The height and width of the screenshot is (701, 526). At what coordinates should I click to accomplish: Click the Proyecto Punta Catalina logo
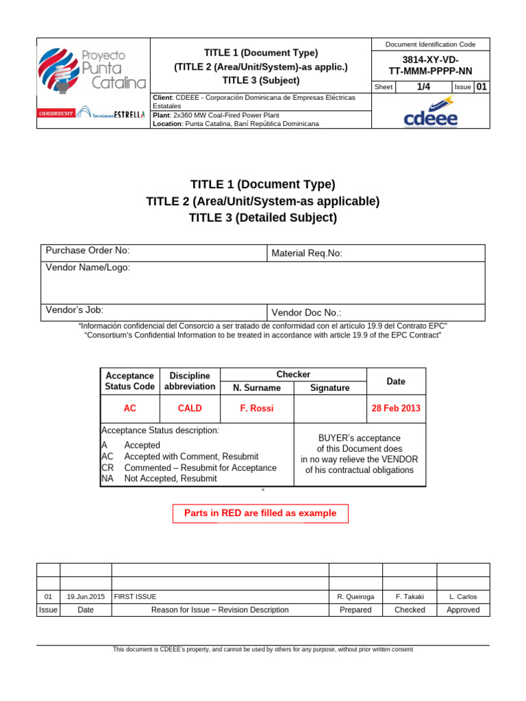tap(92, 69)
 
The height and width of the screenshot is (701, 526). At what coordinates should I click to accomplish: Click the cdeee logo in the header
tap(431, 113)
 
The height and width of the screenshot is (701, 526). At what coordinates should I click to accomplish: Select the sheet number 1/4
tap(423, 86)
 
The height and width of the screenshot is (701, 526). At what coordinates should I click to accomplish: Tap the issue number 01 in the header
tap(481, 86)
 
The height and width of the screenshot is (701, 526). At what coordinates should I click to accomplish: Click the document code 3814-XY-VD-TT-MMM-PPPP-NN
tap(431, 64)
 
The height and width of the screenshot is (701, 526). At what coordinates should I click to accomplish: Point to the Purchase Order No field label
tap(88, 251)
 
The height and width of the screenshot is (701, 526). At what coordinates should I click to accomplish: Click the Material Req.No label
tap(307, 253)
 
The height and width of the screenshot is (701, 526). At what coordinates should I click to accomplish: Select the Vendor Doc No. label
tap(306, 312)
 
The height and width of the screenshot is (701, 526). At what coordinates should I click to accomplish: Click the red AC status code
tap(129, 408)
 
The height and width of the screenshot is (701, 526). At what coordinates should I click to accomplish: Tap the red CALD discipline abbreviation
tap(190, 408)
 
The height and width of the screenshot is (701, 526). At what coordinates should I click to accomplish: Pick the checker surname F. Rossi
tap(257, 408)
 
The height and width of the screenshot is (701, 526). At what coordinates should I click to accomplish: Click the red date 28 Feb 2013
tap(396, 408)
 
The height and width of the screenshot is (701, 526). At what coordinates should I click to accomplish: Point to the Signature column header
tap(329, 387)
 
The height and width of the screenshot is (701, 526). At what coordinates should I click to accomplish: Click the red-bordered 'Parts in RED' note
tap(260, 513)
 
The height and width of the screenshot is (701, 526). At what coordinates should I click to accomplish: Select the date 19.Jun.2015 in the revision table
tap(86, 597)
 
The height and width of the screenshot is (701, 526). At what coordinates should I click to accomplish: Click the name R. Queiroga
tap(355, 597)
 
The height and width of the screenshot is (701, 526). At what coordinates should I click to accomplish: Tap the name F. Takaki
tap(410, 597)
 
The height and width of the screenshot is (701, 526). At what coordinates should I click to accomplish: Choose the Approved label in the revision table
tap(463, 610)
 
